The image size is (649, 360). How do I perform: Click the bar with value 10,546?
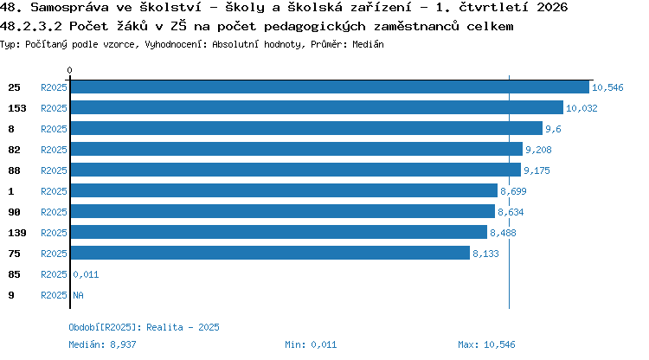tap(330, 87)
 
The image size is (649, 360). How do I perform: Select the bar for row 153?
tap(317, 107)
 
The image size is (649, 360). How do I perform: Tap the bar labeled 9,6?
tap(306, 128)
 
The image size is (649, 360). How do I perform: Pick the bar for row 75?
tap(270, 253)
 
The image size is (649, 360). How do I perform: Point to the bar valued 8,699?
tap(284, 190)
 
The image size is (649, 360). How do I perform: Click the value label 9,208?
tap(538, 150)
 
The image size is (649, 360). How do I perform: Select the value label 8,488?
tap(503, 233)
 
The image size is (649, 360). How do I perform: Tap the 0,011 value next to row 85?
tap(86, 274)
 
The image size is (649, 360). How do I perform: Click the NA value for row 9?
tap(78, 295)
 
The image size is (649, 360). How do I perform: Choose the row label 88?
tap(14, 170)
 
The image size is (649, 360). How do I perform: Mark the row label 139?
tap(17, 233)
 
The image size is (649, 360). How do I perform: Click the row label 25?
tap(14, 87)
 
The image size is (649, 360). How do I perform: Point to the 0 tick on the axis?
tap(69, 70)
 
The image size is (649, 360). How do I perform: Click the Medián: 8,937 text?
tap(102, 344)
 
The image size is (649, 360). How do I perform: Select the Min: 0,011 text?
tap(311, 344)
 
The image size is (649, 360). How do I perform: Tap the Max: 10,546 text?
tap(486, 344)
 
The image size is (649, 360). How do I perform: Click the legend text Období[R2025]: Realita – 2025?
tap(144, 327)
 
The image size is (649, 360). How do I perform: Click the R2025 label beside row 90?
tap(54, 212)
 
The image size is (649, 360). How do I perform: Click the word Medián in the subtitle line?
tap(368, 44)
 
